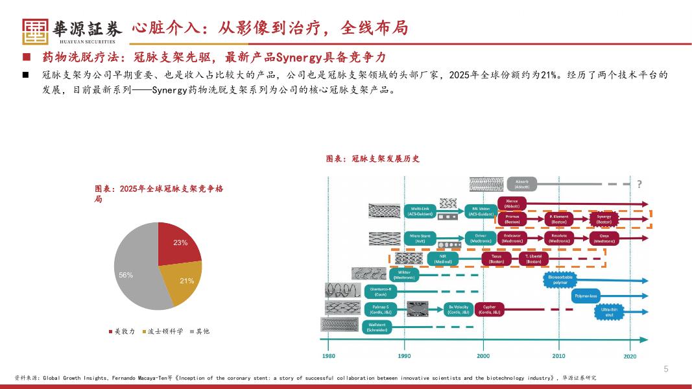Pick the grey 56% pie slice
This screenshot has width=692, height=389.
(133, 272)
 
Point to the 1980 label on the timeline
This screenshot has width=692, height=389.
(329, 356)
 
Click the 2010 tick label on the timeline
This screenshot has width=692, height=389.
(558, 356)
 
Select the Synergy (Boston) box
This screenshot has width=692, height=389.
(604, 219)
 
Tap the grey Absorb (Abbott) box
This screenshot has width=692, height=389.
(523, 184)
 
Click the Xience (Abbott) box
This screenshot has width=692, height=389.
(512, 203)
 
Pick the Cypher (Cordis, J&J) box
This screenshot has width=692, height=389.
(489, 310)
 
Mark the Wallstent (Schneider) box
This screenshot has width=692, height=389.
(377, 327)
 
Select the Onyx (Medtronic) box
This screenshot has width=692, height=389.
(604, 239)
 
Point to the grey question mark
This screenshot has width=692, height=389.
(639, 184)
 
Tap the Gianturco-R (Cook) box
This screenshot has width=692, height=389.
(380, 292)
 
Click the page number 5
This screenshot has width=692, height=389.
(665, 369)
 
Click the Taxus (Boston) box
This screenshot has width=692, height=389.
(496, 258)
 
